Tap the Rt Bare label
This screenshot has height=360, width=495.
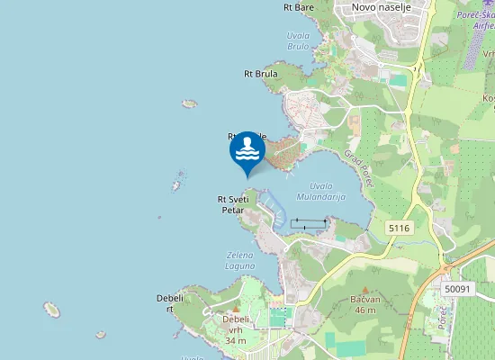click(298, 7)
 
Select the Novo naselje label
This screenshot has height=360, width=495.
click(381, 7)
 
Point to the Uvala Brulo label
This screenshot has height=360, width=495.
click(298, 40)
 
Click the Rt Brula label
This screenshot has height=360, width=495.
click(260, 74)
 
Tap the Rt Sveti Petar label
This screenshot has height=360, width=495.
click(233, 204)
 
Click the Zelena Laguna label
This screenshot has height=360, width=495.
click(239, 260)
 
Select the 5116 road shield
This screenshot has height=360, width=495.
click(400, 229)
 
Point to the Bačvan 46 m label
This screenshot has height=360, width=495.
click(364, 305)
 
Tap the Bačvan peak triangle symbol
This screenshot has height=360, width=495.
click(364, 290)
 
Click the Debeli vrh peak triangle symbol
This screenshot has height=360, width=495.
click(236, 310)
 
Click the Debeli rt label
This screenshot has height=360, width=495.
click(169, 302)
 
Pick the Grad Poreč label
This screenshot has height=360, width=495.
click(358, 167)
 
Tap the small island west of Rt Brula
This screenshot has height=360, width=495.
click(189, 103)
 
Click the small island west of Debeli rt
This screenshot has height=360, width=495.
click(52, 310)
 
